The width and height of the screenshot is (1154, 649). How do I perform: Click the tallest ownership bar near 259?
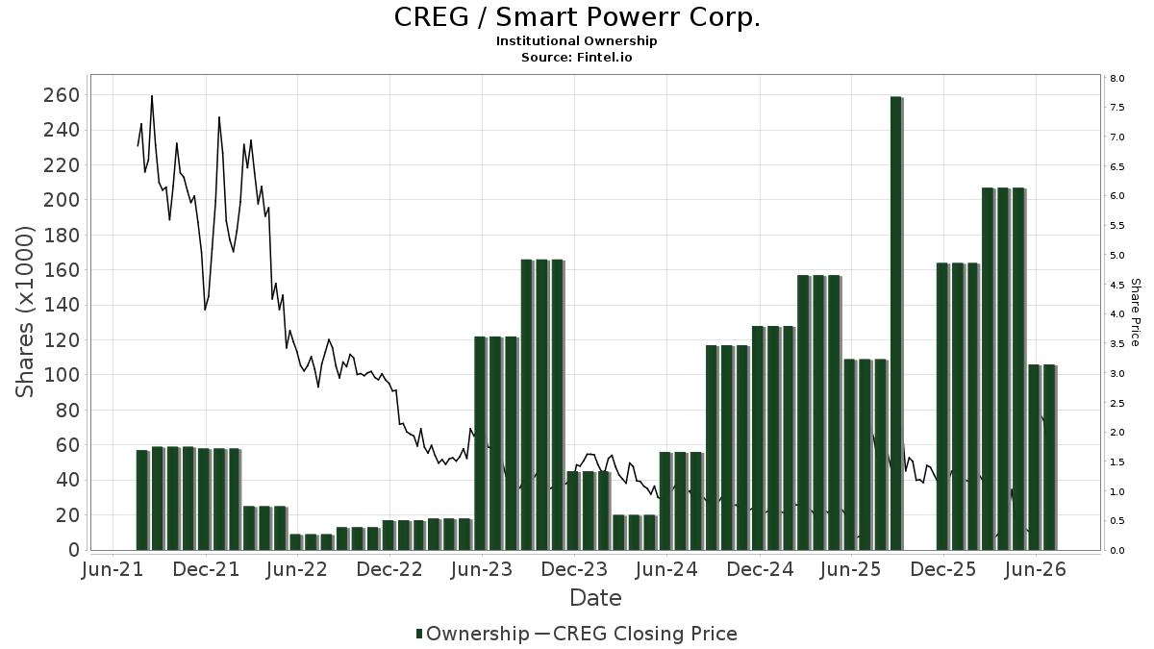click(896, 323)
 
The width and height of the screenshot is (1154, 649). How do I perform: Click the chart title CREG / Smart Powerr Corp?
click(577, 17)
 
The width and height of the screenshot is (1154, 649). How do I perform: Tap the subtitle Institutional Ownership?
click(576, 41)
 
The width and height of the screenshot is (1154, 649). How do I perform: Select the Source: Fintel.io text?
click(576, 57)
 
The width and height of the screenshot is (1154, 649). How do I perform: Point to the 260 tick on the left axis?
click(62, 95)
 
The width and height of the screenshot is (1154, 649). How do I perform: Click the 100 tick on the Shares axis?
click(62, 374)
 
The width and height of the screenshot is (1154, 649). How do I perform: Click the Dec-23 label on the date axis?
click(574, 569)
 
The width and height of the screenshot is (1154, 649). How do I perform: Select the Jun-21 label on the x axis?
click(113, 569)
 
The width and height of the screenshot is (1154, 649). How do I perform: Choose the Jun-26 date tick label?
click(1036, 569)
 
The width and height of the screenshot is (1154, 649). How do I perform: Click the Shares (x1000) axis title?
click(24, 312)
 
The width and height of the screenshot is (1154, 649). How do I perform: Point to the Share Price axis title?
click(1135, 312)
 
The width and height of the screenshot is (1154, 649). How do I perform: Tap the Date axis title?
click(595, 598)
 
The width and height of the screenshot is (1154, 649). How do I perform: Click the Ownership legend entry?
click(472, 634)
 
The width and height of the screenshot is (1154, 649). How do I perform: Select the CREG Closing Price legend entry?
click(637, 634)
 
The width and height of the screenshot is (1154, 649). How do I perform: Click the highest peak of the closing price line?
click(152, 96)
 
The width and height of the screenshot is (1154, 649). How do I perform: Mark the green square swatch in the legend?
click(419, 634)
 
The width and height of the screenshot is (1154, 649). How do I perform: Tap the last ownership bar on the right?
click(1050, 458)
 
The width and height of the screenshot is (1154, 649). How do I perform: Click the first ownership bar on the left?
click(142, 500)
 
